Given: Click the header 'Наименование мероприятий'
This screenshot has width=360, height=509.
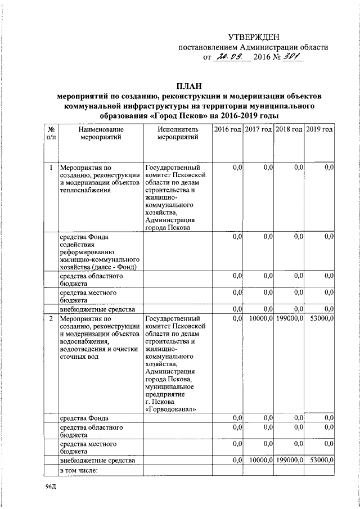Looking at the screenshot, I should point(101,133).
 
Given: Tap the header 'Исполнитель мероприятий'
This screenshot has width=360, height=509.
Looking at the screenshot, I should point(178,133).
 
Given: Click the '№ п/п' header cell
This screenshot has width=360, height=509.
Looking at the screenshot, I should point(51,133).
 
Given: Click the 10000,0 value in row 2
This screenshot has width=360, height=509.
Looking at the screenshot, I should point(259,319).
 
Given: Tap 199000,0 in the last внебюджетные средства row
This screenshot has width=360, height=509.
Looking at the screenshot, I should point(290,460).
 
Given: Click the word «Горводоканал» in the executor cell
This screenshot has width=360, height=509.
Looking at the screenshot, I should point(170,409).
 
